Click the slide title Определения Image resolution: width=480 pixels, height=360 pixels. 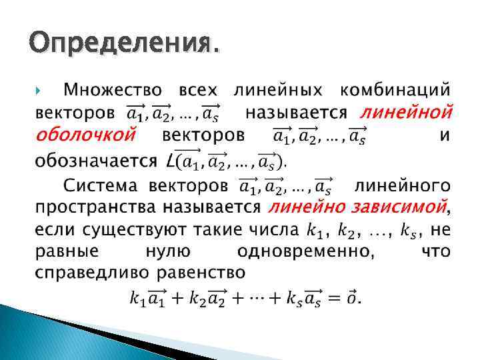pyautogui.click(x=123, y=44)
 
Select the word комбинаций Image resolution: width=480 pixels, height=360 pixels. pyautogui.click(x=395, y=89)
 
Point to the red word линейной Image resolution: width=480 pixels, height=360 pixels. pyautogui.click(x=407, y=111)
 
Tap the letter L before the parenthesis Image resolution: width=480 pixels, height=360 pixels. pyautogui.click(x=170, y=161)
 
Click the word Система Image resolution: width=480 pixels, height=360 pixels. pyautogui.click(x=101, y=184)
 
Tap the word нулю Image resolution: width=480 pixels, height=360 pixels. pyautogui.click(x=167, y=252)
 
